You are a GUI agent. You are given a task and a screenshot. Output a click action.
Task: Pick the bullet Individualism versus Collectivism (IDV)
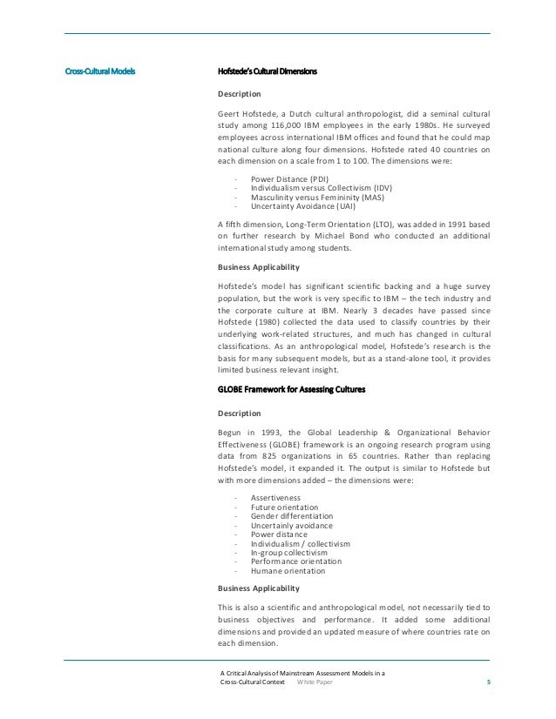coord(322,188)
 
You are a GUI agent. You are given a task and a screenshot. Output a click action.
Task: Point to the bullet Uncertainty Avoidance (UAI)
coord(302,205)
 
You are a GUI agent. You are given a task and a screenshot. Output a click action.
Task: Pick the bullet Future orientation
coord(284,507)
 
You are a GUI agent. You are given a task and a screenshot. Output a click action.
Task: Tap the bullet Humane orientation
coord(288,571)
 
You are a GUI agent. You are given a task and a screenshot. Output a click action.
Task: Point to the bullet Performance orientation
coord(296,561)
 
